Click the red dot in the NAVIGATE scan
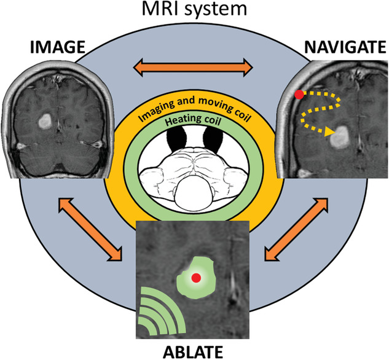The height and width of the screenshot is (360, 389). coord(299,94)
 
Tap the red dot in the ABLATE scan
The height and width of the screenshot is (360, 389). coord(195,278)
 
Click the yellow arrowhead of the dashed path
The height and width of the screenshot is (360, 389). coord(330,131)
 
